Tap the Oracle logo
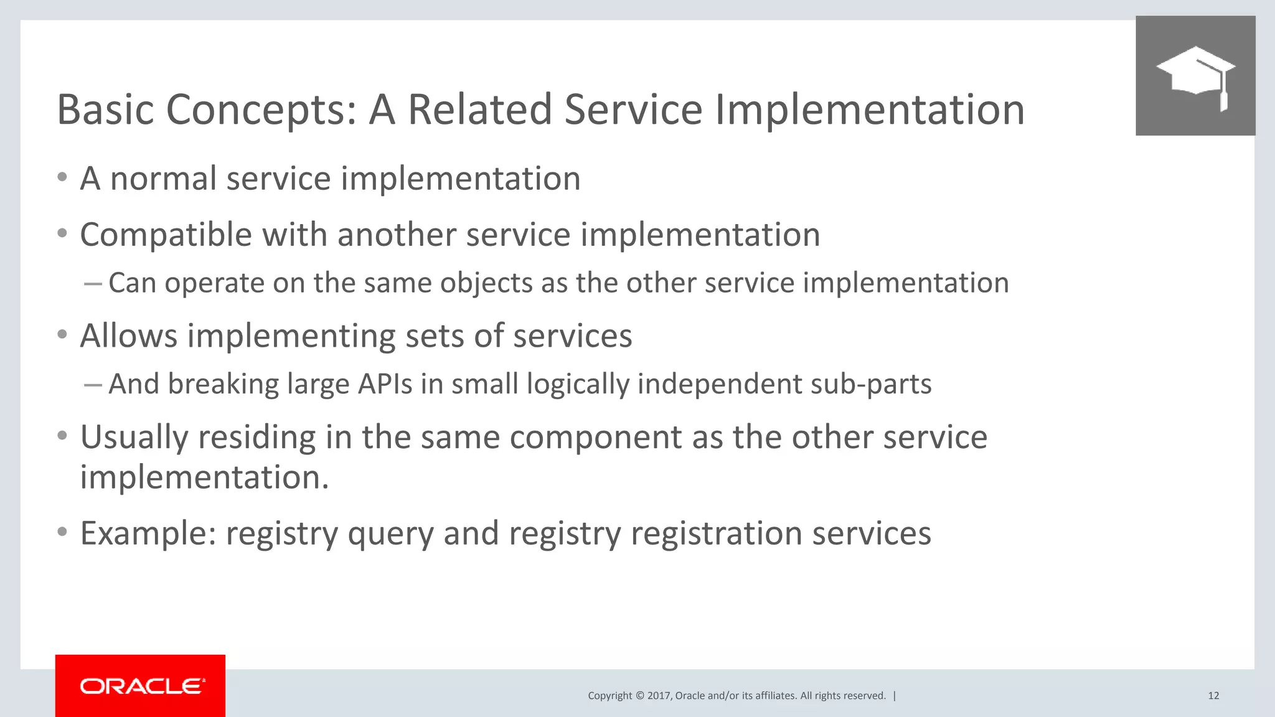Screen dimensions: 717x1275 coord(141,686)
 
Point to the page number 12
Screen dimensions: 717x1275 coord(1213,696)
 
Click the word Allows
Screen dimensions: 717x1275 coord(129,336)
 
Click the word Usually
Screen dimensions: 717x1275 coord(134,438)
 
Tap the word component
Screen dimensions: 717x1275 coord(596,438)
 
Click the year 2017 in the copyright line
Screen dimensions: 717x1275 coord(659,696)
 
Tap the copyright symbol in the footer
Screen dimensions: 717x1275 coord(639,696)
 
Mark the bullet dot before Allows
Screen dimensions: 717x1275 coord(62,335)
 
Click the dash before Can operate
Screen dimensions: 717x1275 coord(92,284)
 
